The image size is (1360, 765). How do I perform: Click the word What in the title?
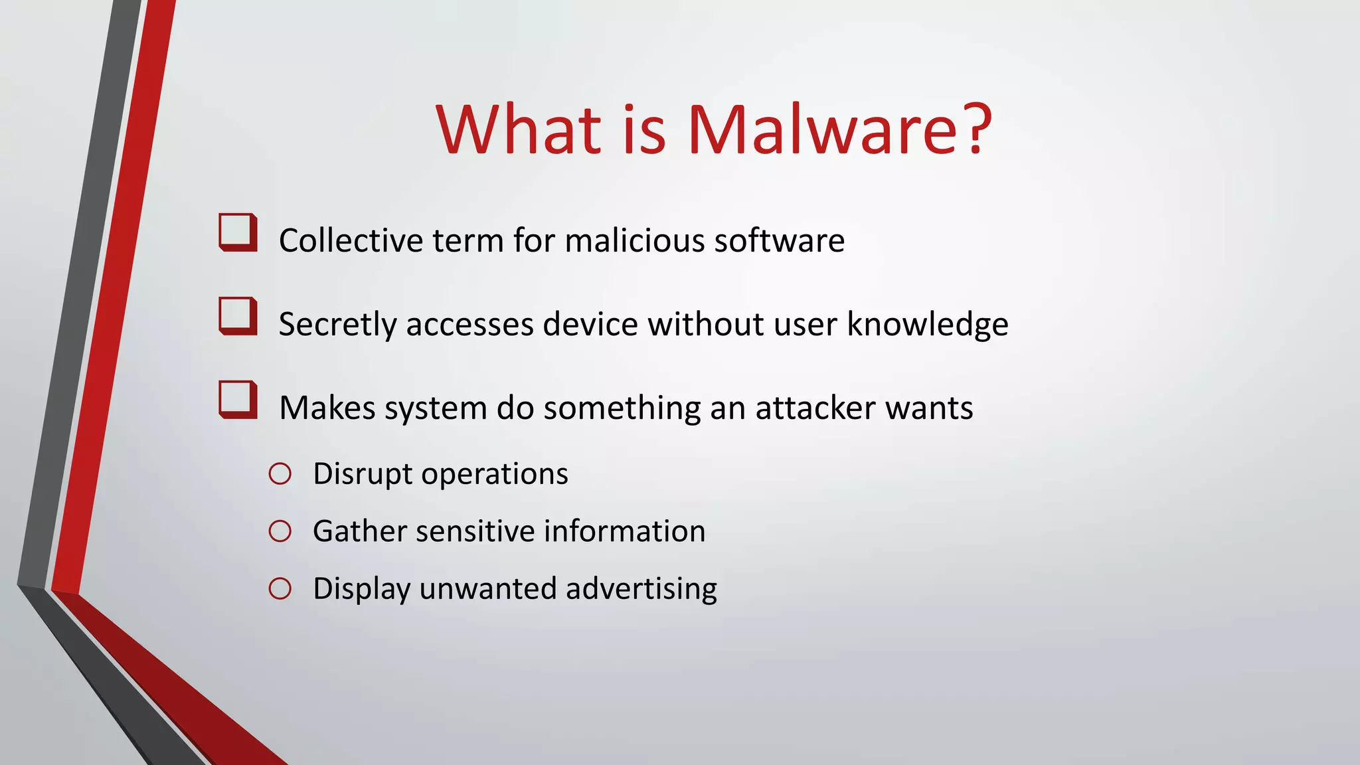[x=518, y=130]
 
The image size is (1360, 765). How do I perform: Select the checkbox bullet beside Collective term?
[x=238, y=232]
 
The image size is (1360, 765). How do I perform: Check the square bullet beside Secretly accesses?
[x=238, y=316]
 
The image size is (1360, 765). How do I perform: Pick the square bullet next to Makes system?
[x=238, y=400]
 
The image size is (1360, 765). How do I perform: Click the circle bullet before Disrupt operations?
[x=280, y=474]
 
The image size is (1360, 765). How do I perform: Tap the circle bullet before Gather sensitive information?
[x=280, y=531]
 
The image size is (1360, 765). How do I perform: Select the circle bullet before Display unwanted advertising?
[x=280, y=589]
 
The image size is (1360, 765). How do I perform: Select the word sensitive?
[x=475, y=531]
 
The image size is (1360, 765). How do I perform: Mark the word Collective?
[x=351, y=240]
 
